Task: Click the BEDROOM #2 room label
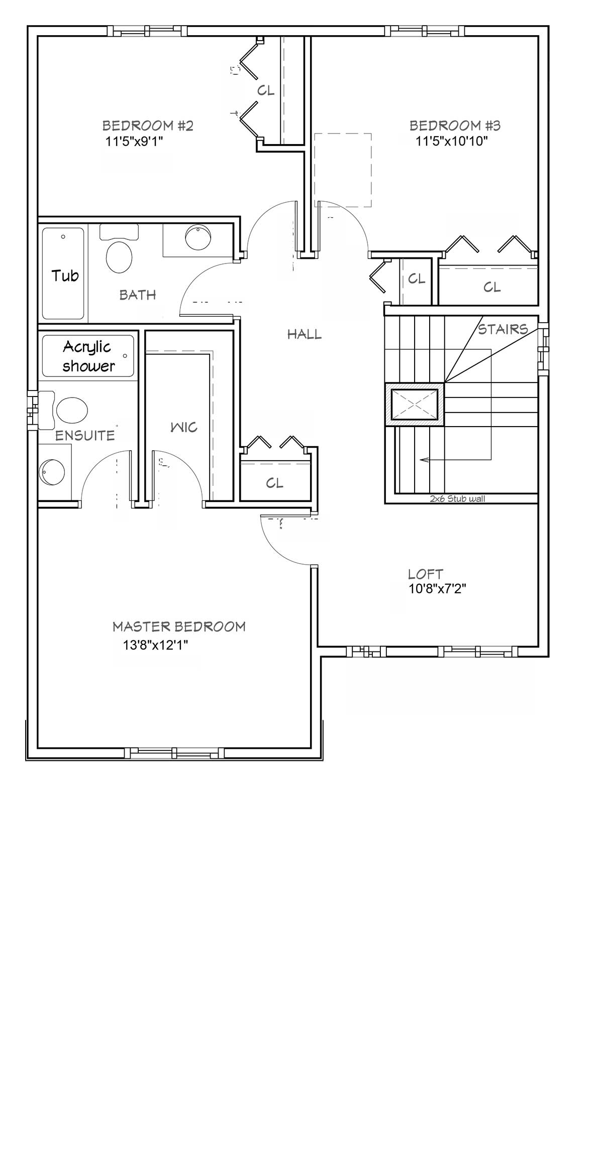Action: click(148, 125)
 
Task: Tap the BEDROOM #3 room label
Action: click(455, 125)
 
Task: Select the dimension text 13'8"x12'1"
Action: click(155, 645)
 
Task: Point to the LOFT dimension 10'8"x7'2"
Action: click(437, 589)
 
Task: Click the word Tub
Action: click(65, 276)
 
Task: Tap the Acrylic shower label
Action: click(88, 356)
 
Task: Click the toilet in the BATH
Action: click(119, 249)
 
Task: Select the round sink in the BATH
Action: click(198, 237)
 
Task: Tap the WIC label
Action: click(184, 428)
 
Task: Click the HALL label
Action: click(305, 334)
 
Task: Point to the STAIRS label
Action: click(503, 329)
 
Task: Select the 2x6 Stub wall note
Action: click(457, 499)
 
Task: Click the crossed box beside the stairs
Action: click(415, 405)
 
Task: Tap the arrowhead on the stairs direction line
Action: click(424, 459)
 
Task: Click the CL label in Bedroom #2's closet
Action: click(266, 90)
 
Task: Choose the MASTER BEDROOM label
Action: click(179, 626)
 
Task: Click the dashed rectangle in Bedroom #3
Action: click(343, 170)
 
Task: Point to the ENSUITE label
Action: click(85, 436)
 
